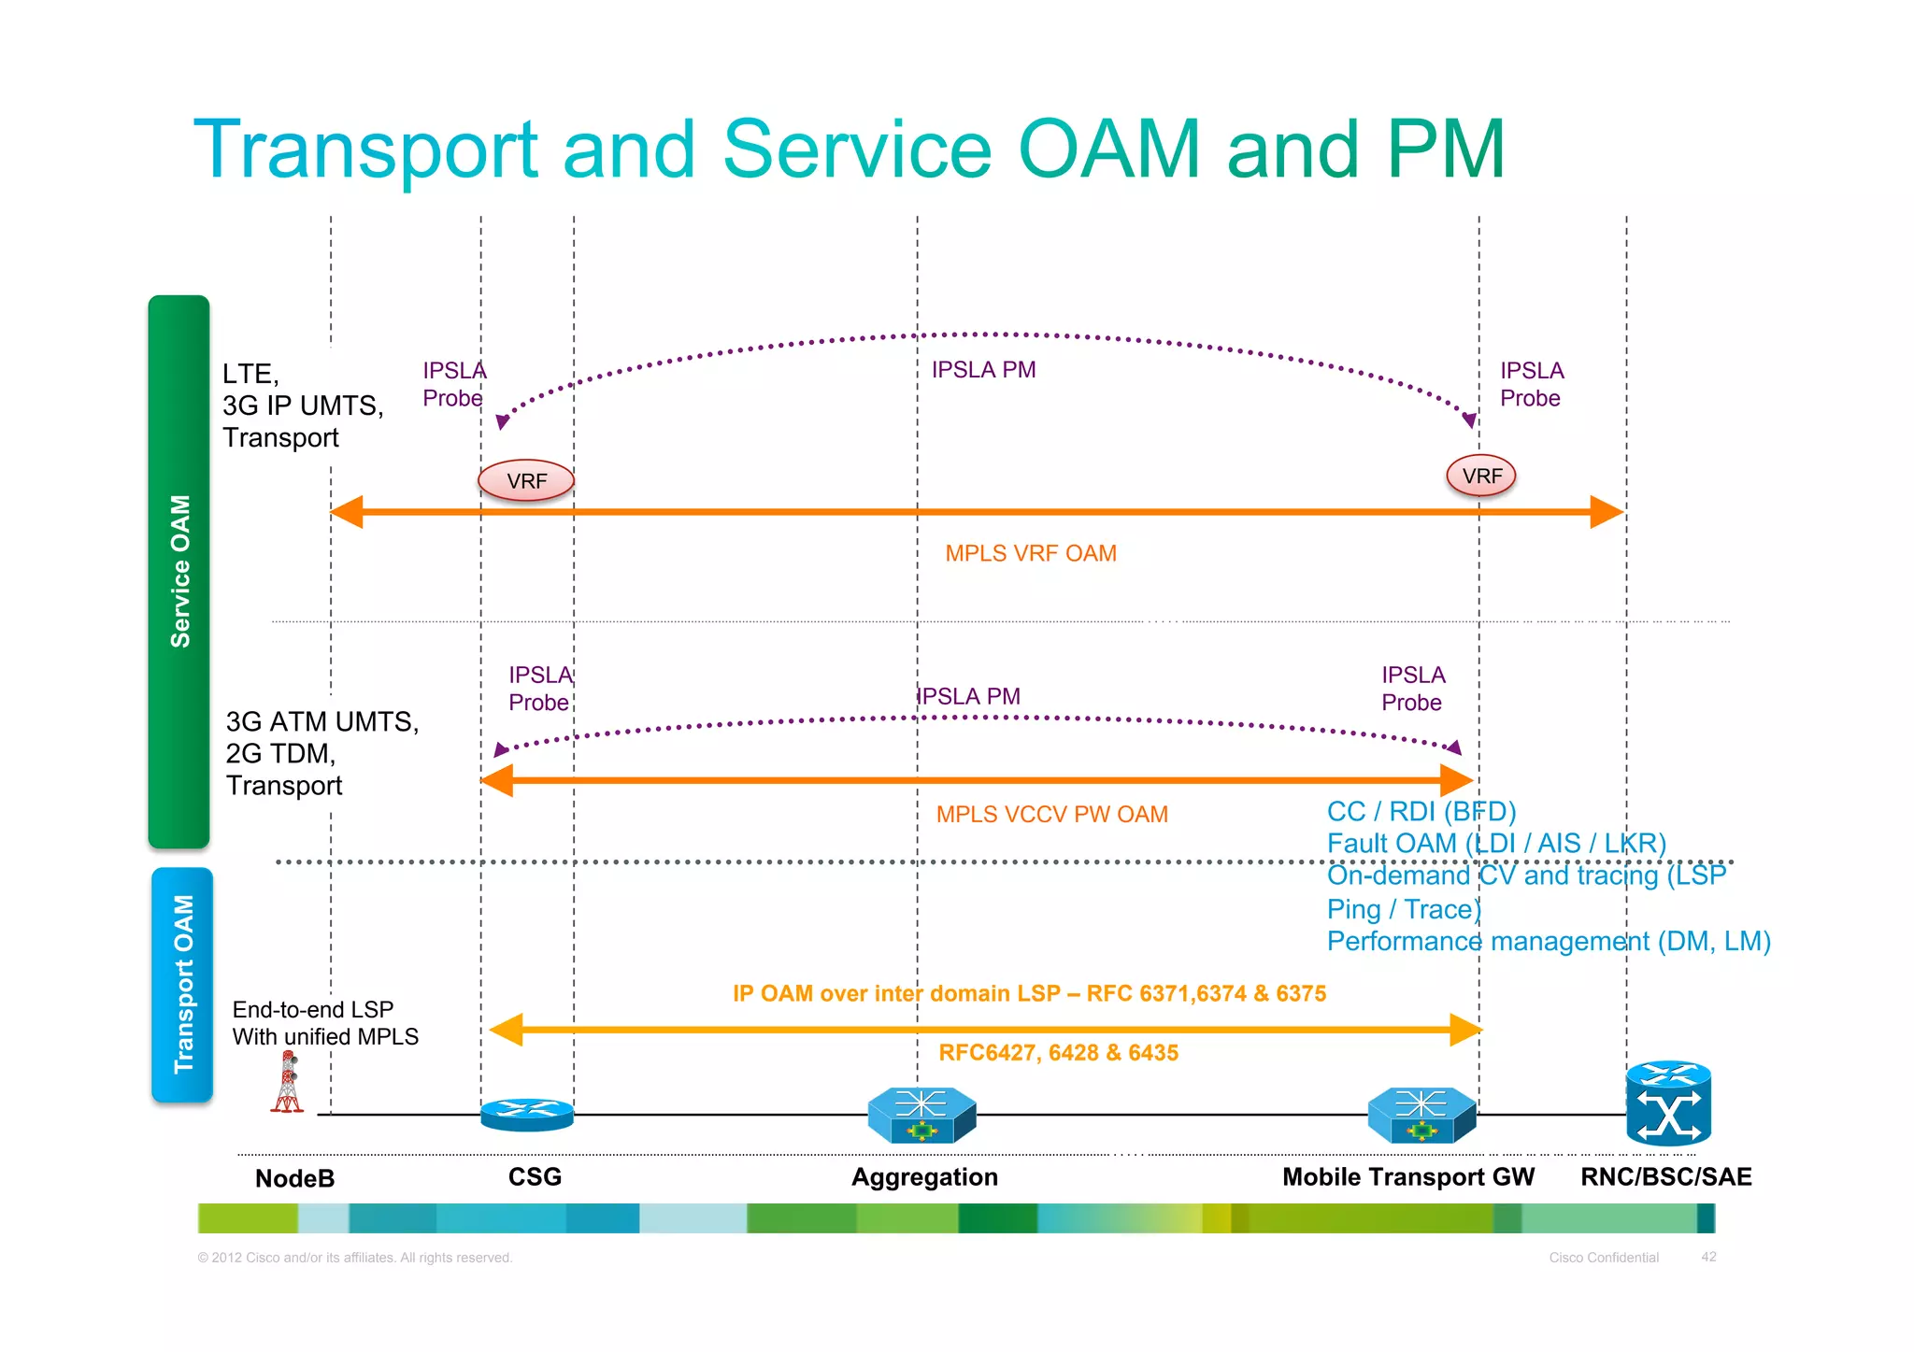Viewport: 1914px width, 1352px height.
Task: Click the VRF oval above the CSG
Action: click(x=526, y=480)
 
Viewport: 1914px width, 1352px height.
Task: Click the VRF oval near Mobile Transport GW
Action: click(x=1481, y=476)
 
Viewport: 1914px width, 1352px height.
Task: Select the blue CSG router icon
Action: click(x=527, y=1115)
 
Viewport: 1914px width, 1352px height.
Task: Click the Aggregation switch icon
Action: click(x=921, y=1116)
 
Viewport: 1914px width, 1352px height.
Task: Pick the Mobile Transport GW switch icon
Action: click(x=1421, y=1116)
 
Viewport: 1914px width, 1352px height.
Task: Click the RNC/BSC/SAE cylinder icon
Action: click(x=1668, y=1104)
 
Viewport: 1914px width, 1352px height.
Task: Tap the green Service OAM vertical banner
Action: click(x=179, y=571)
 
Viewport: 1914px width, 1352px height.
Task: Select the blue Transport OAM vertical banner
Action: click(x=183, y=984)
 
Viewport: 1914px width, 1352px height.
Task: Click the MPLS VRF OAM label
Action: click(x=1030, y=553)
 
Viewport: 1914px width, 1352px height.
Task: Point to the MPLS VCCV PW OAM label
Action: click(x=1051, y=814)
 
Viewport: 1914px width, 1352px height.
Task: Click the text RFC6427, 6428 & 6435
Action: click(x=1058, y=1053)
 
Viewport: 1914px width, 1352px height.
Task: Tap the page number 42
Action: click(x=1708, y=1257)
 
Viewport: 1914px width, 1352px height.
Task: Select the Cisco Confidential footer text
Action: click(x=1604, y=1258)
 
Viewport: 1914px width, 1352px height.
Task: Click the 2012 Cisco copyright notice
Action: click(x=355, y=1258)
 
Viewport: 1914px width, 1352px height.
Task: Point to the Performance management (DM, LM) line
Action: click(x=1548, y=941)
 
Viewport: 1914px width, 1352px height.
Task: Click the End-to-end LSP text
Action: click(x=313, y=1009)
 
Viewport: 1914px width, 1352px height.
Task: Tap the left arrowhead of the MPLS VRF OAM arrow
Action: click(x=346, y=512)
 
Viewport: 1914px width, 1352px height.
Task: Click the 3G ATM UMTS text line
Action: click(x=321, y=721)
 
